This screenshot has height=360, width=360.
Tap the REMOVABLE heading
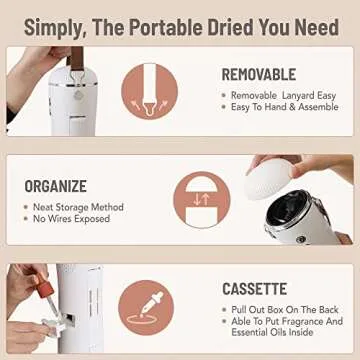[258, 74]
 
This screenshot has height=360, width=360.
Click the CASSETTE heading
[254, 289]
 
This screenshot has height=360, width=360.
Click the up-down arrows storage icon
[201, 198]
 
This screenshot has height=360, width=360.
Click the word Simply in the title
[54, 27]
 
